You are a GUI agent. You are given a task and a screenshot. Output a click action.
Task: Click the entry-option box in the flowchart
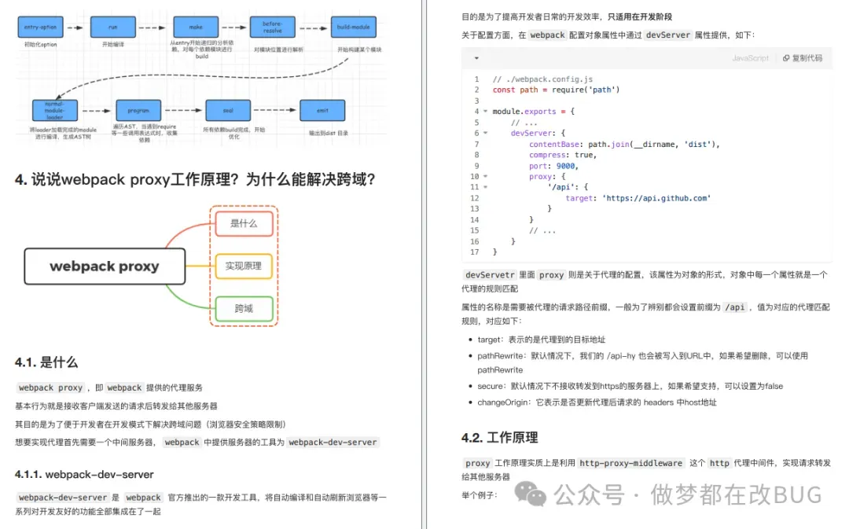40,28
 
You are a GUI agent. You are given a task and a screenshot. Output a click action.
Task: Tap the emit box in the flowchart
322,110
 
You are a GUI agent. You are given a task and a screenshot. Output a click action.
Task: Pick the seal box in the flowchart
228,110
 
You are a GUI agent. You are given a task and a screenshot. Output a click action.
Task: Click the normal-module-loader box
54,111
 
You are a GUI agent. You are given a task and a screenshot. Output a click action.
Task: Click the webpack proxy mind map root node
105,266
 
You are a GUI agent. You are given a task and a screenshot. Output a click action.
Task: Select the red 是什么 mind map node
244,223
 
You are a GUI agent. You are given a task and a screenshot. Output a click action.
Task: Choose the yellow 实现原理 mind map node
244,266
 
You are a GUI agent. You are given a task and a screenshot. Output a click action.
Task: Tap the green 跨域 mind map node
244,309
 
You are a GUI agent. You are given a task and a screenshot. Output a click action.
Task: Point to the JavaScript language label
750,58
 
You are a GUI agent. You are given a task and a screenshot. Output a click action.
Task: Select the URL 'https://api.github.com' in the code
656,198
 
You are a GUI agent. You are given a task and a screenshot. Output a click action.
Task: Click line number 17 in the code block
475,252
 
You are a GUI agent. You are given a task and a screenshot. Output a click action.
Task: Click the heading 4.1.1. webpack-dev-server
83,474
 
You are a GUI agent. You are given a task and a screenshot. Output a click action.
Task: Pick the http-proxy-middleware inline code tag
631,463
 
